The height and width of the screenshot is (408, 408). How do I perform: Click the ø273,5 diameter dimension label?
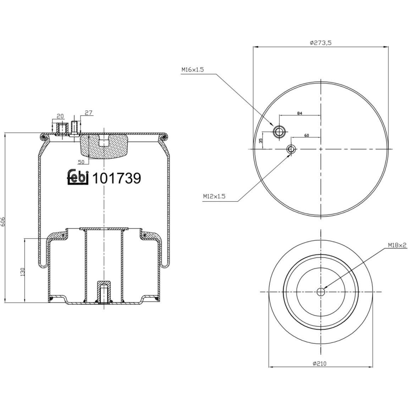pos(320,43)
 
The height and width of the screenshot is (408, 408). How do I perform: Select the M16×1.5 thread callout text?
pos(193,70)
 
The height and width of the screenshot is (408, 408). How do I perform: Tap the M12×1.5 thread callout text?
pos(214,196)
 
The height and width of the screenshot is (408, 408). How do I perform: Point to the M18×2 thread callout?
pos(397,245)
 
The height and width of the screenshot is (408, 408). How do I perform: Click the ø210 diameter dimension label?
pos(320,364)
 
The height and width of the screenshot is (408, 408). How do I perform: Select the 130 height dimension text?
pos(22,272)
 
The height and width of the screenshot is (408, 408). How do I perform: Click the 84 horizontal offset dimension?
pos(299,113)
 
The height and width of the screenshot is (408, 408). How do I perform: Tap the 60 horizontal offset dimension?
pos(307,135)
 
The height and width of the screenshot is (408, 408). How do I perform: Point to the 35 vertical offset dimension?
pos(260,141)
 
